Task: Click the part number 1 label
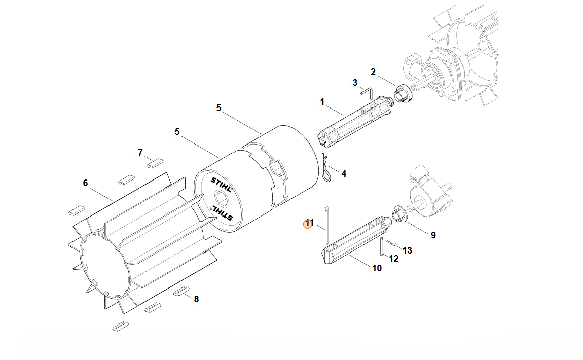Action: (322, 102)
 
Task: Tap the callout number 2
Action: (373, 72)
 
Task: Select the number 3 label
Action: (355, 83)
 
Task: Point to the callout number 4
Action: (344, 174)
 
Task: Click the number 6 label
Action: (85, 183)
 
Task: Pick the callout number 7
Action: (140, 153)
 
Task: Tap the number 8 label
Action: (196, 299)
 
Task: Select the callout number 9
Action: (433, 235)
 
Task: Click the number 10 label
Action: (377, 268)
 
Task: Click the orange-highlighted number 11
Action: (309, 223)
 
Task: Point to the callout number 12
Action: (394, 259)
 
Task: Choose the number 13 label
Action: (407, 250)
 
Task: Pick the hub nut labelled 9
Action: (398, 214)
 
